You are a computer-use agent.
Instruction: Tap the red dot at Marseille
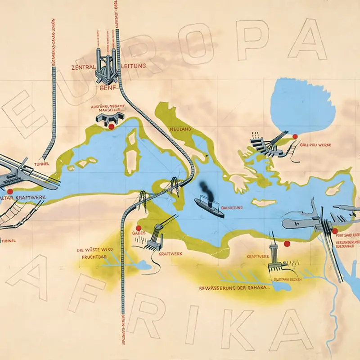tap(111, 127)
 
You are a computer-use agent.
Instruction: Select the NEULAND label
tap(180, 129)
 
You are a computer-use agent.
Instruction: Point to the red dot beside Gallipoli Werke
tap(295, 136)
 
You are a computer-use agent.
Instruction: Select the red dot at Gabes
tap(139, 228)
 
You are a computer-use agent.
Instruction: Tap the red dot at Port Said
tap(335, 231)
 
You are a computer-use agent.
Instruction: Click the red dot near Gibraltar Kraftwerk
tap(10, 192)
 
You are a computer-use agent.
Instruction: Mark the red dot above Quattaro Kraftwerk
tap(286, 244)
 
